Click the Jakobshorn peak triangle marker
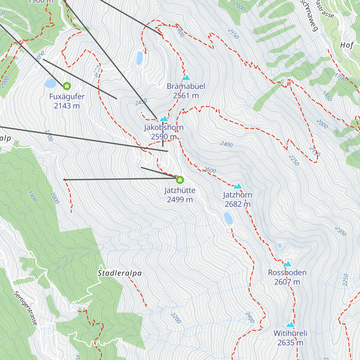tap(164, 118)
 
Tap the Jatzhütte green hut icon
tap(180, 180)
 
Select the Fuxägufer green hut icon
tap(67, 86)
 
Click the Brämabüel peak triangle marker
tap(186, 78)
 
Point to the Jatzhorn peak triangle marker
tap(238, 186)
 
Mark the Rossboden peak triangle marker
tap(287, 264)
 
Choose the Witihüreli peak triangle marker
tap(290, 325)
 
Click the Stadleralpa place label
tap(120, 273)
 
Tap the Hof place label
tap(347, 45)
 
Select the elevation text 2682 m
tap(238, 204)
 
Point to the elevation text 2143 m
tap(67, 106)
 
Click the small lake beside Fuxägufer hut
tap(50, 83)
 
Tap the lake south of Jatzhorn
tap(228, 218)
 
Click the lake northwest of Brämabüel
tap(139, 58)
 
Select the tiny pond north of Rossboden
tap(280, 245)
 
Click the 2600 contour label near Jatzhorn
tap(209, 170)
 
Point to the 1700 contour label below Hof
tap(340, 77)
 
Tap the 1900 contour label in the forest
tap(32, 196)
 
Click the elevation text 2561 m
tap(186, 96)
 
